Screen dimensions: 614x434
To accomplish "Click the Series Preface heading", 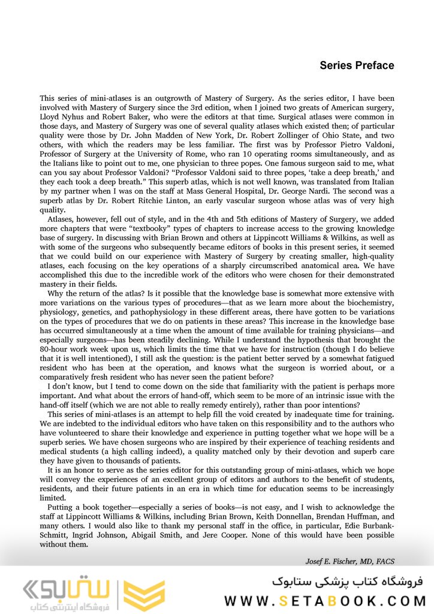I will coord(357,65).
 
